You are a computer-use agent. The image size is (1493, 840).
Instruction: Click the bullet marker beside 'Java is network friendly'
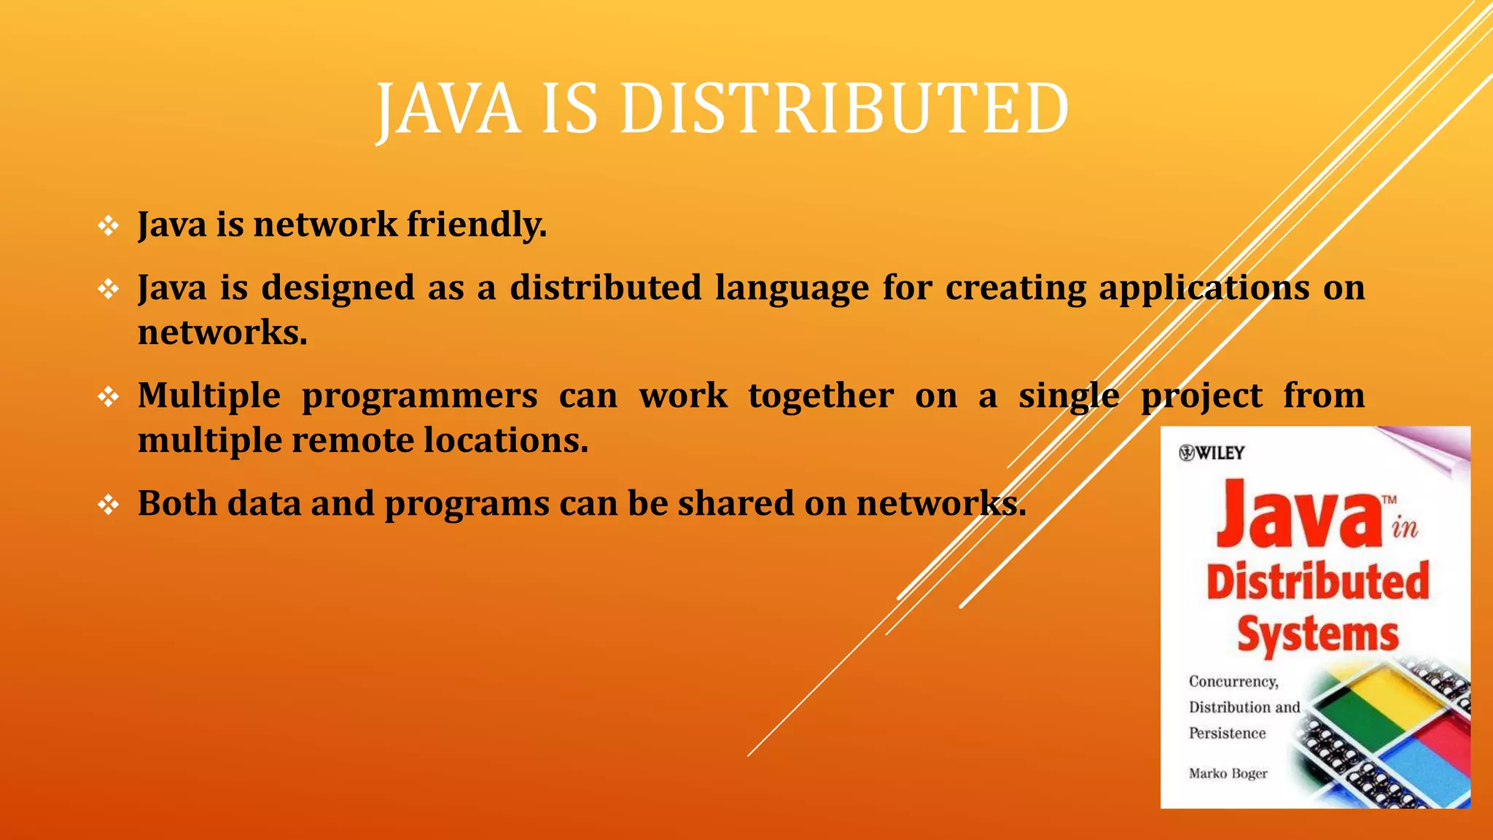[x=109, y=226]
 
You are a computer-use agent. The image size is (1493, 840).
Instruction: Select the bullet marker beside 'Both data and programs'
[x=109, y=505]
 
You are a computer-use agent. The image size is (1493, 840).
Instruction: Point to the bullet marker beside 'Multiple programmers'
[x=109, y=397]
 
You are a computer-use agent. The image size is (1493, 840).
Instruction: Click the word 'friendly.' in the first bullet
[x=477, y=224]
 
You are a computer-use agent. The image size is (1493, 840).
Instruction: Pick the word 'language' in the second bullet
[x=792, y=289]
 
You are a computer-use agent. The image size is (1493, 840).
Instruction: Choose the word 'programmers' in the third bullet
[x=420, y=397]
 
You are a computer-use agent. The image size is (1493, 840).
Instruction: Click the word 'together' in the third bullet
[x=821, y=397]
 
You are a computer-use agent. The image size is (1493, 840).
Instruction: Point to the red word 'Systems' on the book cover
[x=1318, y=634]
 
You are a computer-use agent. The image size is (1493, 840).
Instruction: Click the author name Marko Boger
[x=1228, y=773]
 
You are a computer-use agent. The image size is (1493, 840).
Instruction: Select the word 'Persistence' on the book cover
[x=1227, y=733]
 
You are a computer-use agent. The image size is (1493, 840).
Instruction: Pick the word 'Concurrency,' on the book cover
[x=1233, y=681]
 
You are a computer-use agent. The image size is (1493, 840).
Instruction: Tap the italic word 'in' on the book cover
[x=1404, y=527]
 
